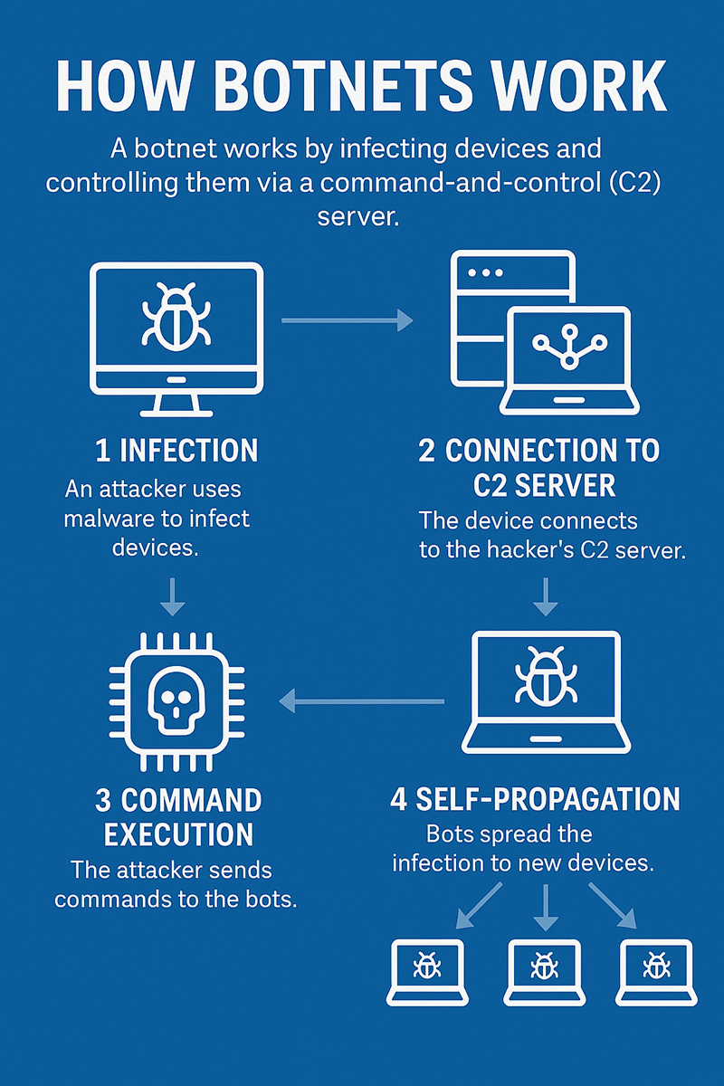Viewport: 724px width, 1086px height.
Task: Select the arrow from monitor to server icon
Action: pyautogui.click(x=347, y=319)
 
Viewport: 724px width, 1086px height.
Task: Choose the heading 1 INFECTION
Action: pyautogui.click(x=176, y=450)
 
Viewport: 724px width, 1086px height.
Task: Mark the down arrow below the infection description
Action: pyautogui.click(x=172, y=595)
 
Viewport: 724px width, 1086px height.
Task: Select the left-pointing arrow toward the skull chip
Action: pyautogui.click(x=362, y=700)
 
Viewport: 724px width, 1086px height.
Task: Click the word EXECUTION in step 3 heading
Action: pyautogui.click(x=178, y=834)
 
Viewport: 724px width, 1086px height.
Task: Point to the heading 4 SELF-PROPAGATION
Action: pyautogui.click(x=535, y=800)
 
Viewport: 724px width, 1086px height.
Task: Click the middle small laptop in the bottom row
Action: pyautogui.click(x=543, y=971)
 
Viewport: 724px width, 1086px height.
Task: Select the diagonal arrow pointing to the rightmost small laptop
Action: pyautogui.click(x=612, y=905)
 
